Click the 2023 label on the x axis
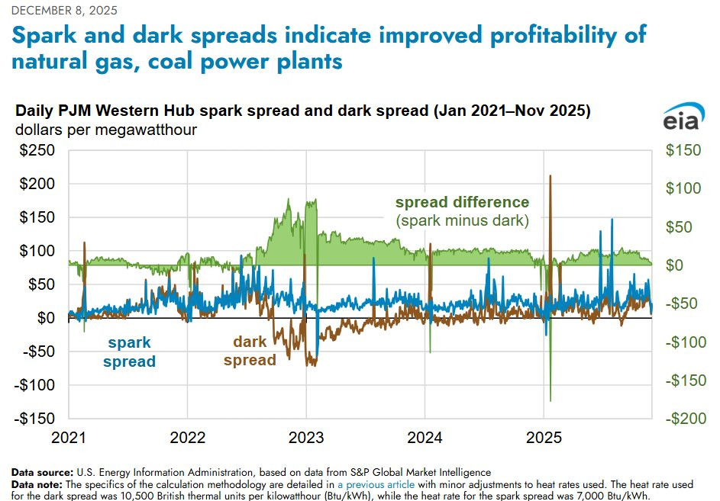pos(306,438)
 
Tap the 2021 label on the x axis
pos(69,438)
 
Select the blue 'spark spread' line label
pos(130,352)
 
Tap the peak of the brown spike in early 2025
pos(550,176)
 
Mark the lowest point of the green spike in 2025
pos(550,400)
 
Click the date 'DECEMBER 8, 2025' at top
pos(57,9)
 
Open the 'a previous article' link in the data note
pos(376,484)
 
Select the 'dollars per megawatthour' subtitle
pos(106,130)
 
